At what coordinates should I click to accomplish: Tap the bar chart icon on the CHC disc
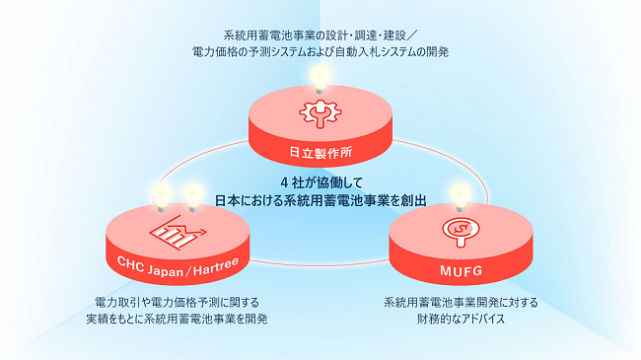(x=175, y=232)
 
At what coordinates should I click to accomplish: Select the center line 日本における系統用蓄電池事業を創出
(x=320, y=199)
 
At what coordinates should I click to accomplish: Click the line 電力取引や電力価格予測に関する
(x=177, y=301)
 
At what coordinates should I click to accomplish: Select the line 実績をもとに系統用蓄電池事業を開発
(x=177, y=319)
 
